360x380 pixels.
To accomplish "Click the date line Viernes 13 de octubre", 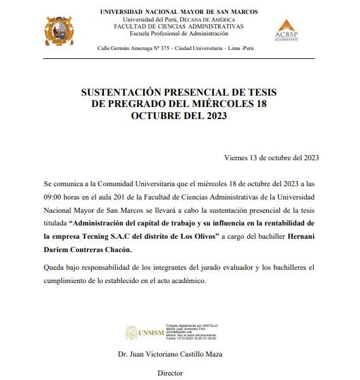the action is click(271, 158).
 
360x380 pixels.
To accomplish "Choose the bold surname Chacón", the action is click(138, 250).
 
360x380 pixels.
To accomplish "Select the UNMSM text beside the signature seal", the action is click(150, 332).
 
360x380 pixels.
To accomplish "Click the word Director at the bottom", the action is click(169, 373).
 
